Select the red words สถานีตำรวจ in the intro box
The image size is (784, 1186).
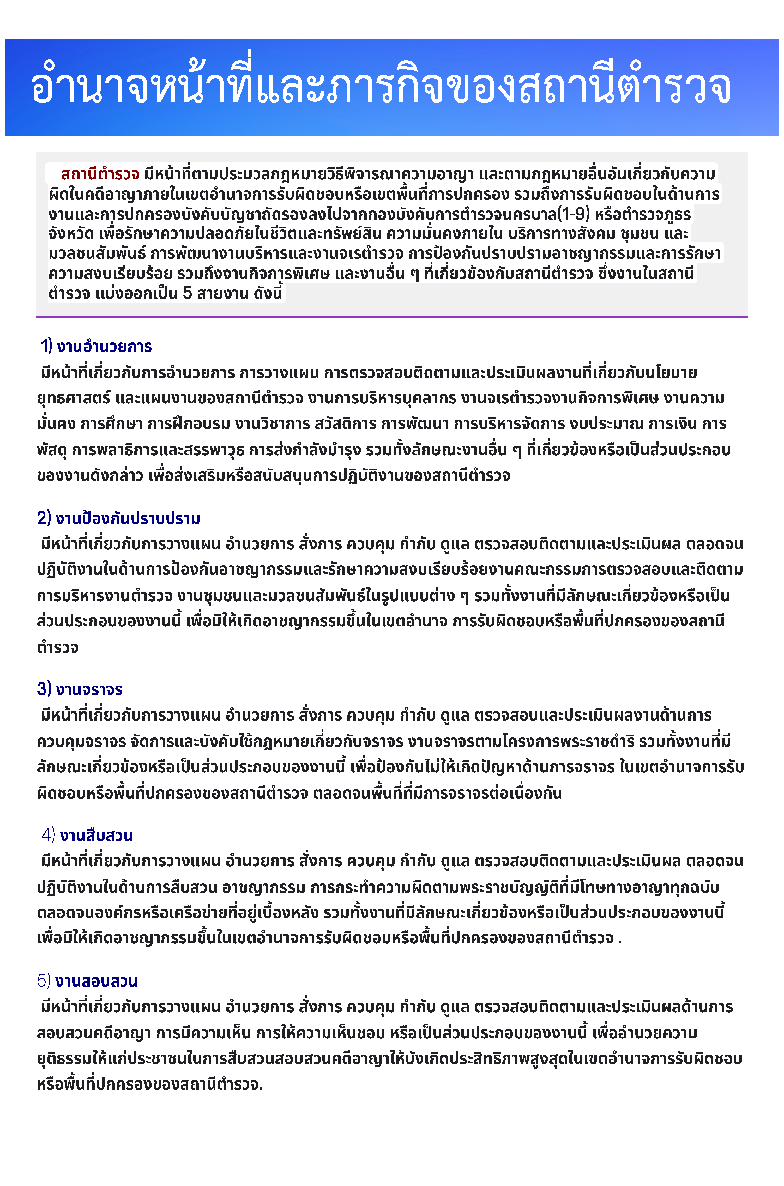click(100, 174)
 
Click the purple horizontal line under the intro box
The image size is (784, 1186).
click(391, 317)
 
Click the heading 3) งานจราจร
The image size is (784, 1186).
click(80, 689)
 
